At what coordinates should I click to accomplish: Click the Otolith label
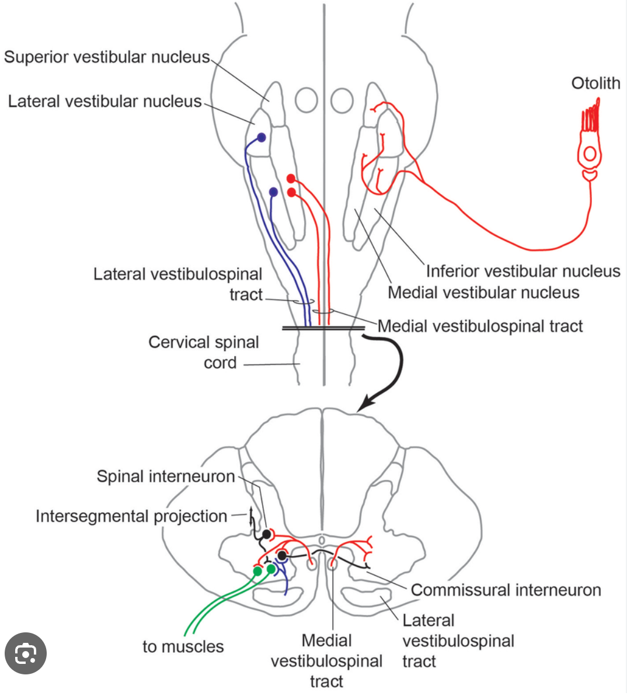(x=595, y=83)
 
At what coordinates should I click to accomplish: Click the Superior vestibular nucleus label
(x=107, y=57)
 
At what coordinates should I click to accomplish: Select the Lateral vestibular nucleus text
(x=104, y=102)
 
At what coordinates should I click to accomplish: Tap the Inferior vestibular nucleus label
(x=522, y=272)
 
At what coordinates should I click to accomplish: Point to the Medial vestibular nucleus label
(x=483, y=293)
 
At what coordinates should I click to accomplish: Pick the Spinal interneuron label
(x=166, y=476)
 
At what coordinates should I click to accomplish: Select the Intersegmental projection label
(x=131, y=516)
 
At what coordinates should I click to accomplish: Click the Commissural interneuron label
(x=506, y=590)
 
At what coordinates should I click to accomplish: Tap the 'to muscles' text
(x=183, y=647)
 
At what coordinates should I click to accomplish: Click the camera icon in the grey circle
(x=26, y=653)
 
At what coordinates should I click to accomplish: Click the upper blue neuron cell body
(x=262, y=138)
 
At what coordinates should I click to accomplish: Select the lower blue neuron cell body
(x=273, y=192)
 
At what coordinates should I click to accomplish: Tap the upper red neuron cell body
(x=291, y=179)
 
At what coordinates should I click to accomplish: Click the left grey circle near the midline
(x=306, y=100)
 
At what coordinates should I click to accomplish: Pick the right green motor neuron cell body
(x=271, y=569)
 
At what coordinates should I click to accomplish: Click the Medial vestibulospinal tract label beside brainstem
(x=480, y=326)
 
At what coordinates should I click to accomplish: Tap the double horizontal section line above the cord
(x=323, y=328)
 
